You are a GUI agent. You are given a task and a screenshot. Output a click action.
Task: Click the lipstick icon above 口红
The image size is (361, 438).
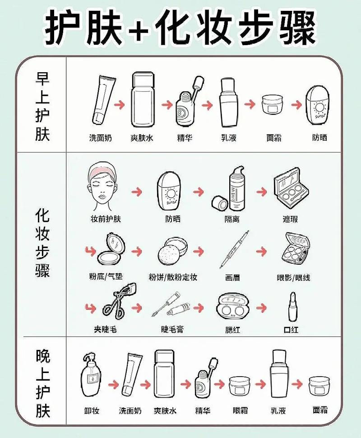pos(292,307)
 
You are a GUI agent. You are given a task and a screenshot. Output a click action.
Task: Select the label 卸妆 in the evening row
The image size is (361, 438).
pos(92,410)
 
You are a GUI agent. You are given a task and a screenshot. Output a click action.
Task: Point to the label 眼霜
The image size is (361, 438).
pos(240,410)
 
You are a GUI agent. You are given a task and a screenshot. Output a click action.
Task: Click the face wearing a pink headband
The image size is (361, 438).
pos(102,187)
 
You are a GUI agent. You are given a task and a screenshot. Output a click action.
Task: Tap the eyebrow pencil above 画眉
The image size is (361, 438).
pos(234,249)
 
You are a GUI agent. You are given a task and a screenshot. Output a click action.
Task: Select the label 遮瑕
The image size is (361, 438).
pos(290,219)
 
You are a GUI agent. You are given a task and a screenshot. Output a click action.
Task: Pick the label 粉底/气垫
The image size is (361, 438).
pos(106,276)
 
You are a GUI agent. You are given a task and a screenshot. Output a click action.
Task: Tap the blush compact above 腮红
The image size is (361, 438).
pos(233,307)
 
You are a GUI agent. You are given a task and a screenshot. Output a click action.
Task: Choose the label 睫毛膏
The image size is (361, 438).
pos(172,329)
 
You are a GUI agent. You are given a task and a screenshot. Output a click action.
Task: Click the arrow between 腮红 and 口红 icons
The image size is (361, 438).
pos(261,308)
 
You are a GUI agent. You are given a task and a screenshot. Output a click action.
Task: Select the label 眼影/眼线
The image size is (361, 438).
pos(293,277)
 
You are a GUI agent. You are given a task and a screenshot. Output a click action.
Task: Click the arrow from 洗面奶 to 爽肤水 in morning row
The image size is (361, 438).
pos(119,105)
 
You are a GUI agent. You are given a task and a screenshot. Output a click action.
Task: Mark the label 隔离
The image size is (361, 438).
pos(232,219)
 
